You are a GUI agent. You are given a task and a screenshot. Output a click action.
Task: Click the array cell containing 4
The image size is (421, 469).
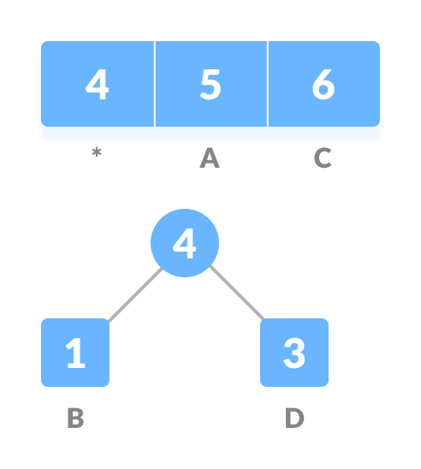click(x=98, y=86)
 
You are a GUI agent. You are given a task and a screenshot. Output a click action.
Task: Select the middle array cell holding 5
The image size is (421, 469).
click(x=210, y=86)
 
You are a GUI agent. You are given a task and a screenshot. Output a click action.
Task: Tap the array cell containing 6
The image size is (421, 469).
click(x=323, y=86)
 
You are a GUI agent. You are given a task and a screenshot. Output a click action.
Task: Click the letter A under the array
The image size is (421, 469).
click(x=210, y=159)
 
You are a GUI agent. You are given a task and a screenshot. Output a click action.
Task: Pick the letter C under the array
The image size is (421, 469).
click(x=323, y=159)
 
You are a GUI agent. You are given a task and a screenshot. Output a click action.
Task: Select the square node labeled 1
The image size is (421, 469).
click(x=75, y=353)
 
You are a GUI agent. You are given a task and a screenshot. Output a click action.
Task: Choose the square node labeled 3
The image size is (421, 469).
click(x=294, y=353)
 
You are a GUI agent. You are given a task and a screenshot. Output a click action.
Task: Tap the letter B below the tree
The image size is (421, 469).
click(x=75, y=419)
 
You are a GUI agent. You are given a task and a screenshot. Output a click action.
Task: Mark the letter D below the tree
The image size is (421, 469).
click(x=294, y=419)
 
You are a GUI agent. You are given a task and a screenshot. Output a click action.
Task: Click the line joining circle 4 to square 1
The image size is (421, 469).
click(x=133, y=295)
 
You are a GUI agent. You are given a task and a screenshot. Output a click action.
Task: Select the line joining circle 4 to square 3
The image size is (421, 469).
click(x=236, y=295)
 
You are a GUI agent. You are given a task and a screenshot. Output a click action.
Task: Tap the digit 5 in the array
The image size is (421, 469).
click(x=210, y=86)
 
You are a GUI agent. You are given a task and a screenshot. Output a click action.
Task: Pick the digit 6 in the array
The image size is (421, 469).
click(x=323, y=86)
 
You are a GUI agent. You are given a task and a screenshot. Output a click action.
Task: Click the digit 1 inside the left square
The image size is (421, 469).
click(x=75, y=353)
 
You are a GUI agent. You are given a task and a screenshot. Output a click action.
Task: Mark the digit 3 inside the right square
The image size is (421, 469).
click(x=294, y=353)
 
